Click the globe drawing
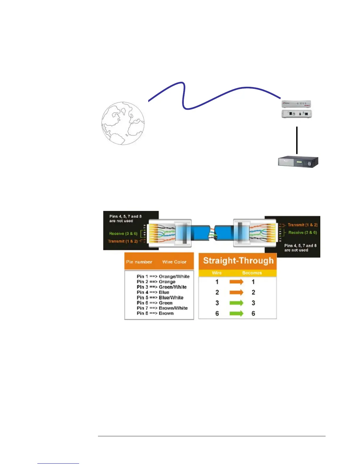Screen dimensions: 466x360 point(123,123)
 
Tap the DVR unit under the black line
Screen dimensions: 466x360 point(298,162)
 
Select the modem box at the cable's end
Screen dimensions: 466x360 point(296,109)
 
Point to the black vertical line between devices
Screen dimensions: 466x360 point(297,140)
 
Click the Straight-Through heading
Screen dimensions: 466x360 point(238,261)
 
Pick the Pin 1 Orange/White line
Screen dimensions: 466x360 point(163,277)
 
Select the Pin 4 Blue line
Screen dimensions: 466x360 point(153,292)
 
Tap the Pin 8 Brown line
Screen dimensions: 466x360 point(155,314)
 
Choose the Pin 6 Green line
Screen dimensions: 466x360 point(154,303)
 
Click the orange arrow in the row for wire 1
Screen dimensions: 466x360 point(236,282)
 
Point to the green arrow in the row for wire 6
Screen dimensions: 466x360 point(236,314)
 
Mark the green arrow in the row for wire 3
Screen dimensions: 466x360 point(236,303)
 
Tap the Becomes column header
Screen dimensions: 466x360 point(252,273)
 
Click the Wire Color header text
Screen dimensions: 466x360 point(174,262)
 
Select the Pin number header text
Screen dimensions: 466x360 point(139,262)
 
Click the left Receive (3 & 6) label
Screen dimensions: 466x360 point(123,234)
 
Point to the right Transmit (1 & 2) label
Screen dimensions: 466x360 point(303,225)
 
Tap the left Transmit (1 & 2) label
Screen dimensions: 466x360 point(123,241)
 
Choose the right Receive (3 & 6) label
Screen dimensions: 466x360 point(303,233)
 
